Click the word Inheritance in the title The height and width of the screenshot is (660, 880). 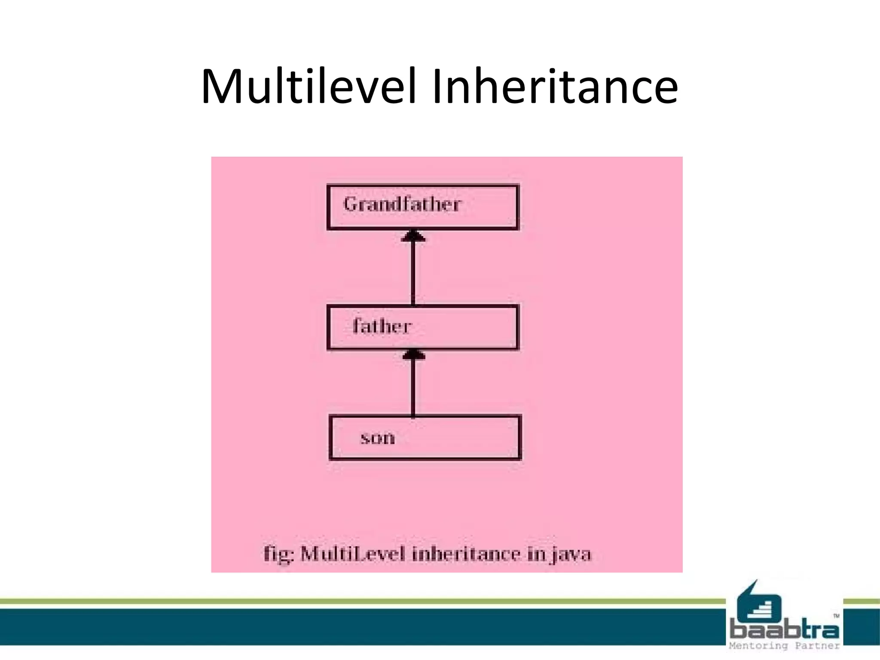(x=555, y=87)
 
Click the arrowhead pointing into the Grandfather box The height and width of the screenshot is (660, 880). (x=413, y=236)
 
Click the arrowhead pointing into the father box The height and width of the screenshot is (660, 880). (x=413, y=355)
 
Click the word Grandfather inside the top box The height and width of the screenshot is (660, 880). (x=402, y=204)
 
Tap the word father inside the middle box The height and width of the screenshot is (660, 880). (x=382, y=326)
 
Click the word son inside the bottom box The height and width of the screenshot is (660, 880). (x=377, y=438)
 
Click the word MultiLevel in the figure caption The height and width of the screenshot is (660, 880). (x=353, y=554)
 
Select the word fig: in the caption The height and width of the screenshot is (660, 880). (x=278, y=554)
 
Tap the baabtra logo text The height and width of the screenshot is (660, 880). (x=785, y=630)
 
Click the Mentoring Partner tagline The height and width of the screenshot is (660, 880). (x=785, y=646)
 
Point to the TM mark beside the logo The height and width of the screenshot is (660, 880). (x=836, y=616)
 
